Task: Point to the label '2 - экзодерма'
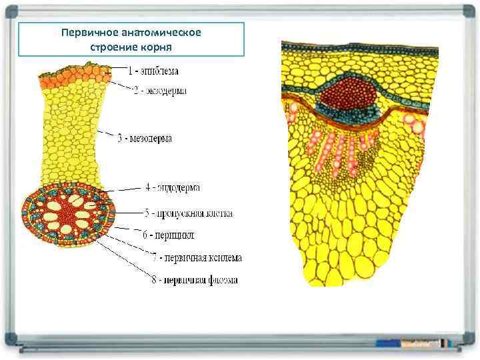160,91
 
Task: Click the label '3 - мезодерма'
145,139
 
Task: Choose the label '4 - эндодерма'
172,188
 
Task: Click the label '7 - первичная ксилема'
197,257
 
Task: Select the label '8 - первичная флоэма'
194,280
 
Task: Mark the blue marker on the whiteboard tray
389,342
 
